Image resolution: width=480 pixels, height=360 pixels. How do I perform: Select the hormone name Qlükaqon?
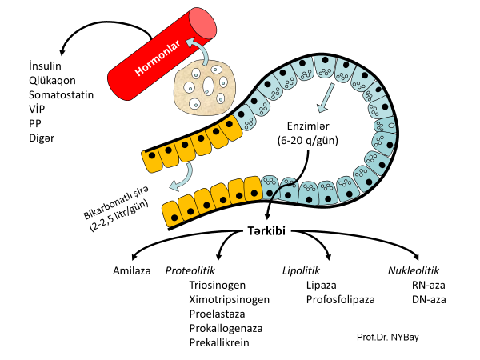click(x=51, y=80)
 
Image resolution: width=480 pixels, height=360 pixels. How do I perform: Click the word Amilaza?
click(x=132, y=271)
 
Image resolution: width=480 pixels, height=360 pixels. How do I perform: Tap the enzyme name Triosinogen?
click(x=218, y=285)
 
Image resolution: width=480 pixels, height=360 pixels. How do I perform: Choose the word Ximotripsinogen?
click(x=229, y=299)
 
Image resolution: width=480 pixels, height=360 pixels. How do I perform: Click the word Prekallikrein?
click(x=219, y=342)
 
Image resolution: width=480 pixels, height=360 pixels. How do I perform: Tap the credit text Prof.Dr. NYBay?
click(x=388, y=337)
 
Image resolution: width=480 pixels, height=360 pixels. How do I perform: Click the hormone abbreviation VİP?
click(x=38, y=109)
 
